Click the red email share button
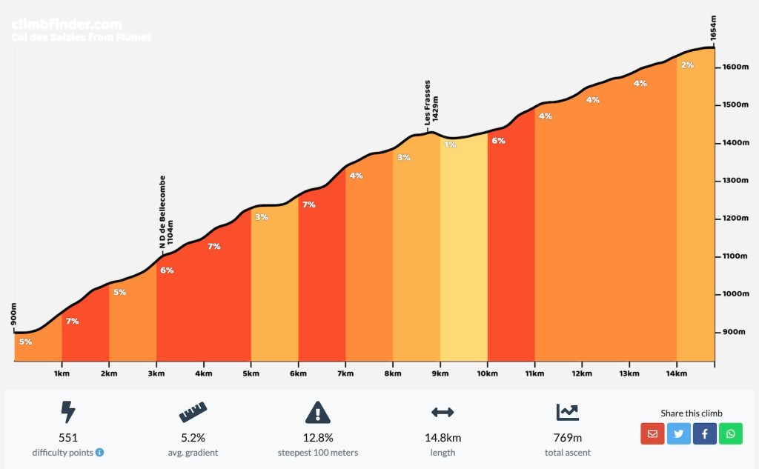[x=652, y=433]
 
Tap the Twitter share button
[x=678, y=433]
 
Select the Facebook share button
[x=705, y=433]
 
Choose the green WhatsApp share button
[x=731, y=433]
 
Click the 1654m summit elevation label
[x=713, y=28]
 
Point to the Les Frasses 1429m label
[x=431, y=102]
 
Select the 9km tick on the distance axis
[x=440, y=373]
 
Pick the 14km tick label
[x=677, y=373]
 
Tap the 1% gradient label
[x=451, y=145]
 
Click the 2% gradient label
[x=687, y=65]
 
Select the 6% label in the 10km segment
[x=498, y=141]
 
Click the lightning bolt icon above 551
[x=68, y=412]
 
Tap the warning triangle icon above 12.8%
[x=317, y=412]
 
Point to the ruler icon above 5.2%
[x=193, y=412]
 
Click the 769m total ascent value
[x=568, y=438]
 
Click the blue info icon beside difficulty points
[x=99, y=453]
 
